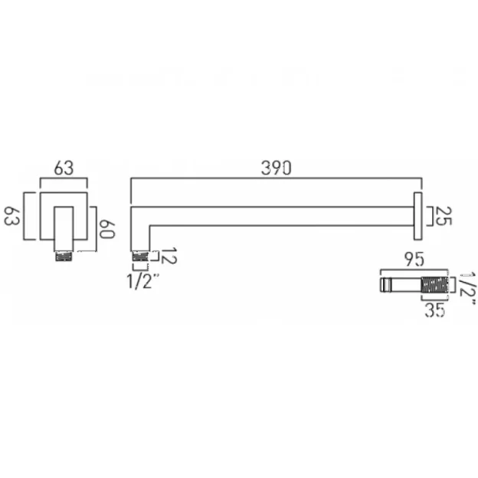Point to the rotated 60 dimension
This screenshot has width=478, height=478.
coord(106,228)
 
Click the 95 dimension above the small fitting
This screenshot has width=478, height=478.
coord(416,260)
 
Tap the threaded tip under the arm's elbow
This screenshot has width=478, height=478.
coord(140,258)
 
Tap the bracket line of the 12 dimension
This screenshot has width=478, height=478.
coord(156,258)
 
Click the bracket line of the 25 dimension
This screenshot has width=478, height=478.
coord(430,216)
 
